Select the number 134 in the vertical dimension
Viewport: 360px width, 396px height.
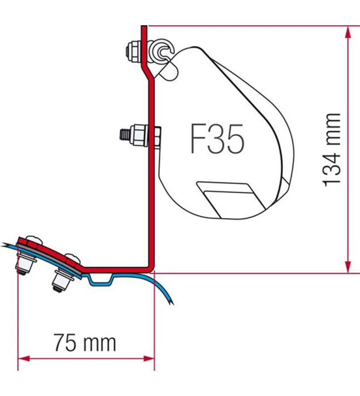(x=332, y=167)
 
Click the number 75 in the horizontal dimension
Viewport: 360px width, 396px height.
(x=66, y=342)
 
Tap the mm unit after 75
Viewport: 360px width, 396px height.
(x=100, y=342)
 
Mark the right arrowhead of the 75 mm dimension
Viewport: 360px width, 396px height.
(x=150, y=357)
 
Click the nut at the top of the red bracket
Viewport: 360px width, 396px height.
(x=131, y=49)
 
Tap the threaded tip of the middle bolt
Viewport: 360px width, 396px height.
(x=123, y=134)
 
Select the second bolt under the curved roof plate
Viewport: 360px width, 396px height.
(x=61, y=280)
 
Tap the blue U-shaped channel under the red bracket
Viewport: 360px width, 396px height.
(x=101, y=281)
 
